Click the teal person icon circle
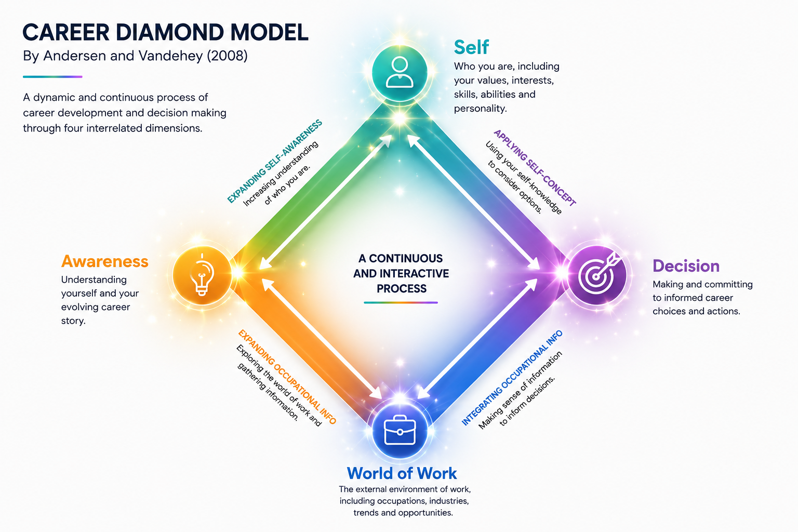tap(400, 73)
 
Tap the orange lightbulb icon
tap(202, 275)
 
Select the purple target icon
tap(597, 275)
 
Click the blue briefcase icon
tap(400, 431)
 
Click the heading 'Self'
tap(471, 47)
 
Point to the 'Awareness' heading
tap(105, 261)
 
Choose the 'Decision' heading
tap(686, 266)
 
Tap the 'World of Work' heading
tap(402, 473)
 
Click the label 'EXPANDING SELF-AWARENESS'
tap(275, 162)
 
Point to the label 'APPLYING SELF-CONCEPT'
tap(535, 168)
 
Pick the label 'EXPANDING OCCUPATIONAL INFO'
tap(287, 377)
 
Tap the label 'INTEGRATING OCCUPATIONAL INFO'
tap(512, 378)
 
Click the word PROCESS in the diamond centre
tap(402, 289)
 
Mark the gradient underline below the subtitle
tap(52, 76)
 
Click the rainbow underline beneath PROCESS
tap(401, 302)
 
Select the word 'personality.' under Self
tap(480, 109)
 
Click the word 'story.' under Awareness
tap(73, 321)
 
